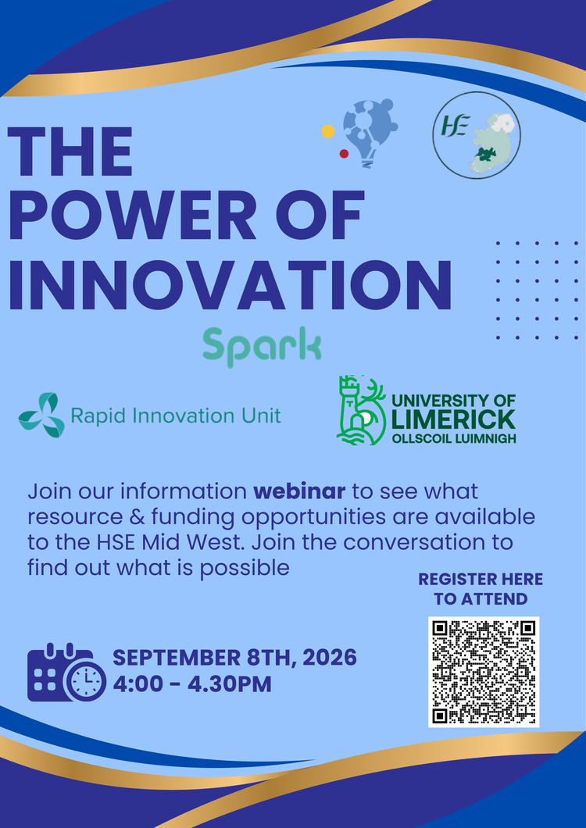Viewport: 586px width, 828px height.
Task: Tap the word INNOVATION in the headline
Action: [x=230, y=285]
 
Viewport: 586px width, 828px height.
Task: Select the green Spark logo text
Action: [x=262, y=347]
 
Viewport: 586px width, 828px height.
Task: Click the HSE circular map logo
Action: [x=477, y=135]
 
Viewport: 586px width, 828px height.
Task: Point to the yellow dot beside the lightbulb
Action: [x=328, y=131]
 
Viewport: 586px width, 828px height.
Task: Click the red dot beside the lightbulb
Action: [x=344, y=154]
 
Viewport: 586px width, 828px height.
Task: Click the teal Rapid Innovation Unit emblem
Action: [x=41, y=415]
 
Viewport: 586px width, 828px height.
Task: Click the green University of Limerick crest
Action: [x=362, y=410]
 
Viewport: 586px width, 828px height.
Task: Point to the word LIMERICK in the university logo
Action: [x=454, y=419]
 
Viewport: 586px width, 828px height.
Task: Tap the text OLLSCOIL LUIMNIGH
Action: [x=454, y=439]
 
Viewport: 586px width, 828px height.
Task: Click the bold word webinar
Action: [x=299, y=491]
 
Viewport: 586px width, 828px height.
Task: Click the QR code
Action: [x=484, y=672]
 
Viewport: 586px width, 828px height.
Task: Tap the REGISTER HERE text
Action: [x=481, y=580]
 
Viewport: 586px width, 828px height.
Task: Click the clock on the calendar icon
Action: [x=86, y=682]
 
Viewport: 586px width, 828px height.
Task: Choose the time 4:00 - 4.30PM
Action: [x=192, y=683]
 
